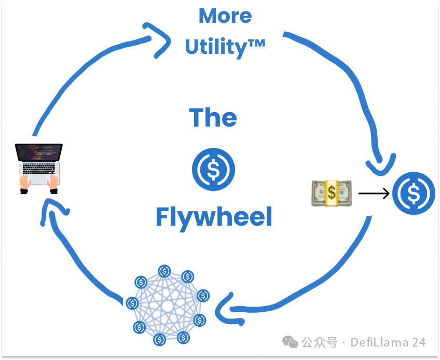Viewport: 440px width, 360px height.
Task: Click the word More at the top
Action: pyautogui.click(x=225, y=16)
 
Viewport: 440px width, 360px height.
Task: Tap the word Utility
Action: pyautogui.click(x=215, y=47)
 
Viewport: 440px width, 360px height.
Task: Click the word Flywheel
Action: pyautogui.click(x=214, y=217)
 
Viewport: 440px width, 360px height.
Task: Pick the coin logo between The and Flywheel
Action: pyautogui.click(x=213, y=169)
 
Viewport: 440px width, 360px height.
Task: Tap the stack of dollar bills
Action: pyautogui.click(x=332, y=193)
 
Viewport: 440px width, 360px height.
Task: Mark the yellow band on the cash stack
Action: pyautogui.click(x=332, y=193)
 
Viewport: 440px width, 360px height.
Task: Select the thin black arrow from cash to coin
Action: pyautogui.click(x=374, y=194)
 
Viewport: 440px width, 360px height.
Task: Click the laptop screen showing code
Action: pyautogui.click(x=39, y=152)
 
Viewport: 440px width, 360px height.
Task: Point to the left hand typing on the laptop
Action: pyautogui.click(x=24, y=182)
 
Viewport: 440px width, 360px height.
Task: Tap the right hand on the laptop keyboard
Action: pyautogui.click(x=53, y=182)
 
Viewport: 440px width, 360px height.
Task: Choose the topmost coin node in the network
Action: pyautogui.click(x=164, y=271)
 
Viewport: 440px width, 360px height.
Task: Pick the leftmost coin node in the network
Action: pyautogui.click(x=132, y=302)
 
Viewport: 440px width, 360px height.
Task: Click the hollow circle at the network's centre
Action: pyautogui.click(x=167, y=306)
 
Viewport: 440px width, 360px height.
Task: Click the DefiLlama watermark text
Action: pyautogui.click(x=388, y=342)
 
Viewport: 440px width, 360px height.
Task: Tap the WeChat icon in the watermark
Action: pyautogui.click(x=290, y=342)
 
